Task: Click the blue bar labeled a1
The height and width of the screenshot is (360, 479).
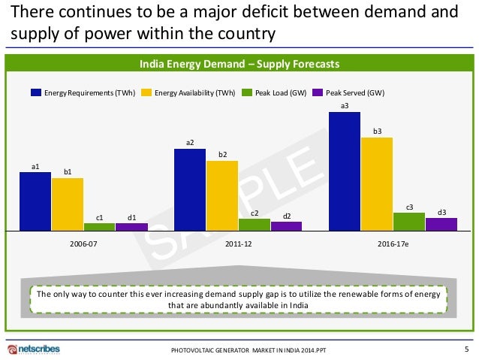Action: [35, 201]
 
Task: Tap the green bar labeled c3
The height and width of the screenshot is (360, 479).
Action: [409, 221]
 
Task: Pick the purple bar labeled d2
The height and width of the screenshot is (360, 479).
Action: [286, 225]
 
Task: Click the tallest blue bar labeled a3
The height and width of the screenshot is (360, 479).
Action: [345, 171]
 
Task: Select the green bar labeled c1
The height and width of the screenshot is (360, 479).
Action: [100, 225]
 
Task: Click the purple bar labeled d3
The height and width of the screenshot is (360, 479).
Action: [441, 223]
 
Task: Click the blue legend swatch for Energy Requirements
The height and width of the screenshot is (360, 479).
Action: [35, 92]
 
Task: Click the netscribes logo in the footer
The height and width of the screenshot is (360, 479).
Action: [34, 349]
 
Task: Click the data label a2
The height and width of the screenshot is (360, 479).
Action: [190, 142]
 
